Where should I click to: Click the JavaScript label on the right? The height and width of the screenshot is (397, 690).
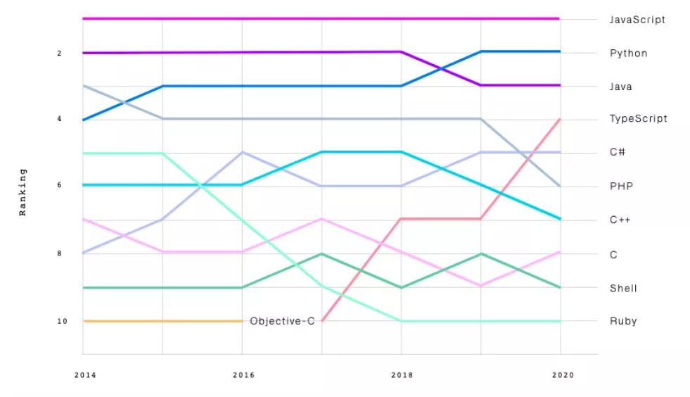pyautogui.click(x=637, y=20)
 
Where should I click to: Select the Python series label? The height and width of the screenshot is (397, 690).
pyautogui.click(x=628, y=53)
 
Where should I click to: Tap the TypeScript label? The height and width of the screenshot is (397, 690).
pyautogui.click(x=638, y=118)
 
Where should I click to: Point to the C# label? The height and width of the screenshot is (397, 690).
pyautogui.click(x=617, y=152)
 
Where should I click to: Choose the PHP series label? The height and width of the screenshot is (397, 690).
pyautogui.click(x=621, y=186)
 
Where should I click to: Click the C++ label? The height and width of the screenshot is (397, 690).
pyautogui.click(x=620, y=220)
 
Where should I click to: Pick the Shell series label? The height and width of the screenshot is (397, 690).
pyautogui.click(x=623, y=288)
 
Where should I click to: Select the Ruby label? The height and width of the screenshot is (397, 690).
pyautogui.click(x=623, y=321)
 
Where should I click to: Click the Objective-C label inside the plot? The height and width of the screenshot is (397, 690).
pyautogui.click(x=282, y=321)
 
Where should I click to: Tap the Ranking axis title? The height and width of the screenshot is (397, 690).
pyautogui.click(x=23, y=192)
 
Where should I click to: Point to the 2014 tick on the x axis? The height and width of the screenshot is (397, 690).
pyautogui.click(x=85, y=375)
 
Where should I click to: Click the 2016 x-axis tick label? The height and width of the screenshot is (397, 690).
pyautogui.click(x=243, y=375)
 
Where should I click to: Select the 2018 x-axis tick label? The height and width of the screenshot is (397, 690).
pyautogui.click(x=402, y=375)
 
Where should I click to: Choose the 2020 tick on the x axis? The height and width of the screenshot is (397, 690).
pyautogui.click(x=563, y=375)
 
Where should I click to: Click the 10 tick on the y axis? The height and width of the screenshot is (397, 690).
pyautogui.click(x=62, y=321)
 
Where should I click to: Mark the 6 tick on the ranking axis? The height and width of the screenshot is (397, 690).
pyautogui.click(x=59, y=185)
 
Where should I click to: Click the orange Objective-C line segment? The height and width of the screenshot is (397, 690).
pyautogui.click(x=162, y=321)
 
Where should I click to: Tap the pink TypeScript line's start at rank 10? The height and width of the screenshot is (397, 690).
pyautogui.click(x=322, y=321)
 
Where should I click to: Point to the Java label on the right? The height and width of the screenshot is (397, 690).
pyautogui.click(x=620, y=87)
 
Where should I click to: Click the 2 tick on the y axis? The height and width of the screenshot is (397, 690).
pyautogui.click(x=59, y=53)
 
